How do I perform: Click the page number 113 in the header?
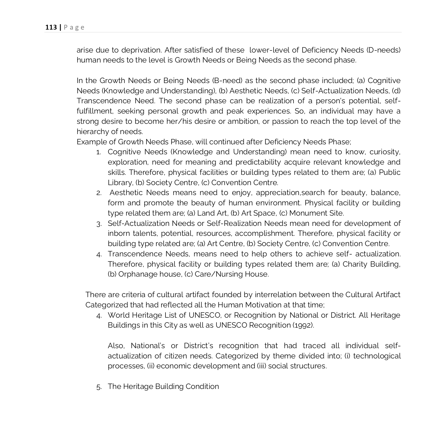pos(51,27)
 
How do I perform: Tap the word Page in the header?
pos(74,27)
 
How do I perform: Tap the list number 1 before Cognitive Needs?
pos(98,152)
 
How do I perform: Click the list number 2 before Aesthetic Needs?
pos(98,193)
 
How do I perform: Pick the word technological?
pos(377,356)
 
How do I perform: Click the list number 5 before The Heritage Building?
pos(98,387)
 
